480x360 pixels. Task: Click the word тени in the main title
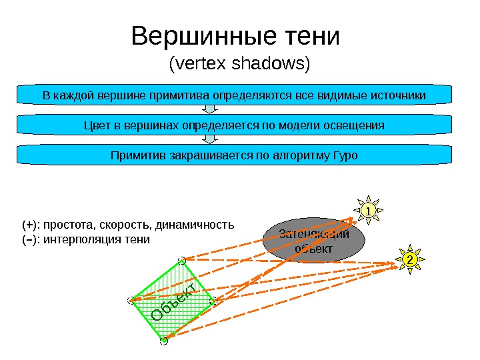[313, 37]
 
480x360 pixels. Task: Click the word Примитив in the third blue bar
[137, 155]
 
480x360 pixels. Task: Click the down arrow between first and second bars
[211, 110]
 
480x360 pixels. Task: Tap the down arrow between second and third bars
[211, 139]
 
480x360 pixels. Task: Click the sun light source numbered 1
[366, 211]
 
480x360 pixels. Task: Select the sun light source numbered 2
[409, 259]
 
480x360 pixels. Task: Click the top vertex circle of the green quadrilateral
[181, 259]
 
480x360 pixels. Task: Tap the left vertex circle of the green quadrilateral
[130, 301]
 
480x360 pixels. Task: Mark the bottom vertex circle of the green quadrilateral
[164, 341]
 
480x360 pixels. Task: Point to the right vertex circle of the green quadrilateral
[214, 301]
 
